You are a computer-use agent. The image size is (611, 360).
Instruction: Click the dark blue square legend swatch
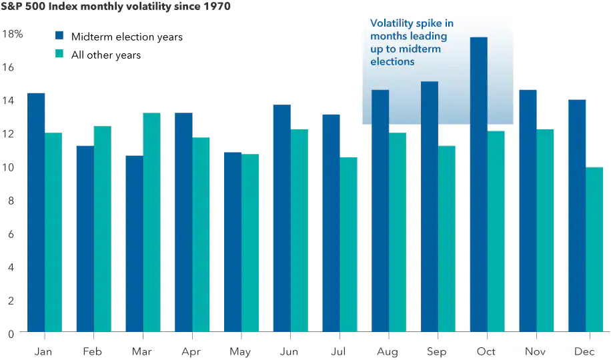pyautogui.click(x=59, y=36)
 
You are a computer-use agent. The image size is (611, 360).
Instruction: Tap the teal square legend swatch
pyautogui.click(x=59, y=55)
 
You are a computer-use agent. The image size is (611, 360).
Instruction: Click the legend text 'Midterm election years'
pyautogui.click(x=127, y=37)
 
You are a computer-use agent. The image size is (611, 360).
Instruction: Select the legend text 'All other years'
pyautogui.click(x=106, y=55)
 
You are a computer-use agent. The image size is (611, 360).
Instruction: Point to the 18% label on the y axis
pyautogui.click(x=12, y=33)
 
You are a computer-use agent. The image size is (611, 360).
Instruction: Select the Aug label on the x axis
pyautogui.click(x=388, y=351)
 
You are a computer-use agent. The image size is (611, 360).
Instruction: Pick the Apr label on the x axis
pyautogui.click(x=191, y=351)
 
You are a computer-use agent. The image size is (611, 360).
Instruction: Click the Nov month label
pyautogui.click(x=536, y=351)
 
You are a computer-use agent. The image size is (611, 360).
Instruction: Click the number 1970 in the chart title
pyautogui.click(x=216, y=7)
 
